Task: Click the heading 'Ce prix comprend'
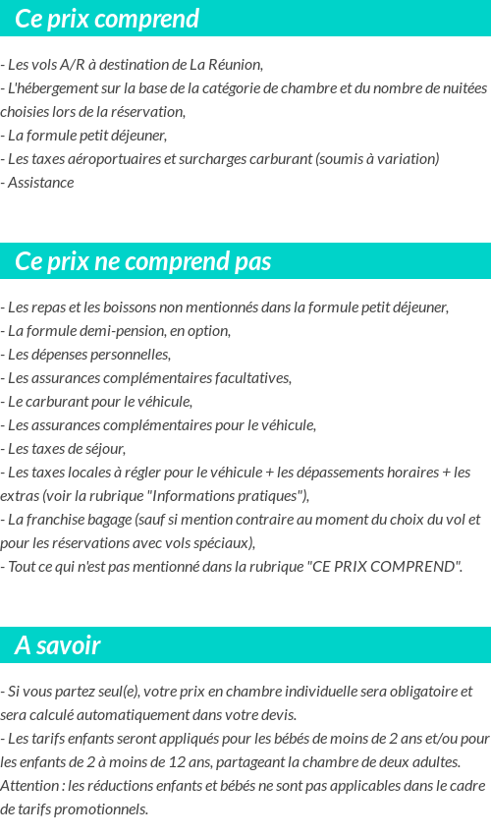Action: (x=107, y=19)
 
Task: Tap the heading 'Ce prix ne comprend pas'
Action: (x=143, y=262)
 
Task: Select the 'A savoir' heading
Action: (x=58, y=645)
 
